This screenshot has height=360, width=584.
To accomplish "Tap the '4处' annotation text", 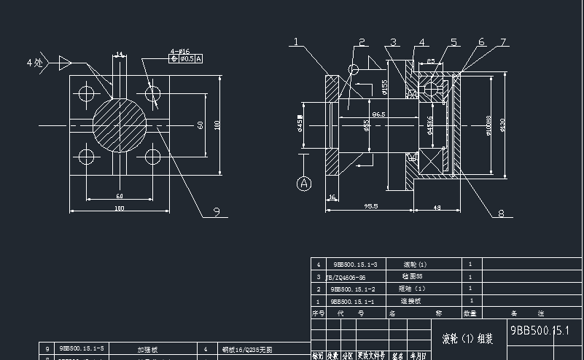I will coord(34,63).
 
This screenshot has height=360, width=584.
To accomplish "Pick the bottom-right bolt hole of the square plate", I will coord(153,157).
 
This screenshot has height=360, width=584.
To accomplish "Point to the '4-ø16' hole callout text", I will coord(179,51).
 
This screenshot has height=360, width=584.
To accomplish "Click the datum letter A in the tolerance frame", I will coord(199,58).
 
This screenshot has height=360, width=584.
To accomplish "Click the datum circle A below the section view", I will coord(304,184).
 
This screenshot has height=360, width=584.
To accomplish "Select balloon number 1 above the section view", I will coord(297,42).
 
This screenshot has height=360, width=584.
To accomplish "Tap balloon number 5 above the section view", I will coord(453,42).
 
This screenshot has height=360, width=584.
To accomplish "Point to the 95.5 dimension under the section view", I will coord(370,206).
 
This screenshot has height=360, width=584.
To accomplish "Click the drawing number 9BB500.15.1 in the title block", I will coord(539,330).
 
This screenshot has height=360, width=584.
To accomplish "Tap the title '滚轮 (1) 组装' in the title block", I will coord(467,339).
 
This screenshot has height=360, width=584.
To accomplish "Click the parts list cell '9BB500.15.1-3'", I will coord(355,265).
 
